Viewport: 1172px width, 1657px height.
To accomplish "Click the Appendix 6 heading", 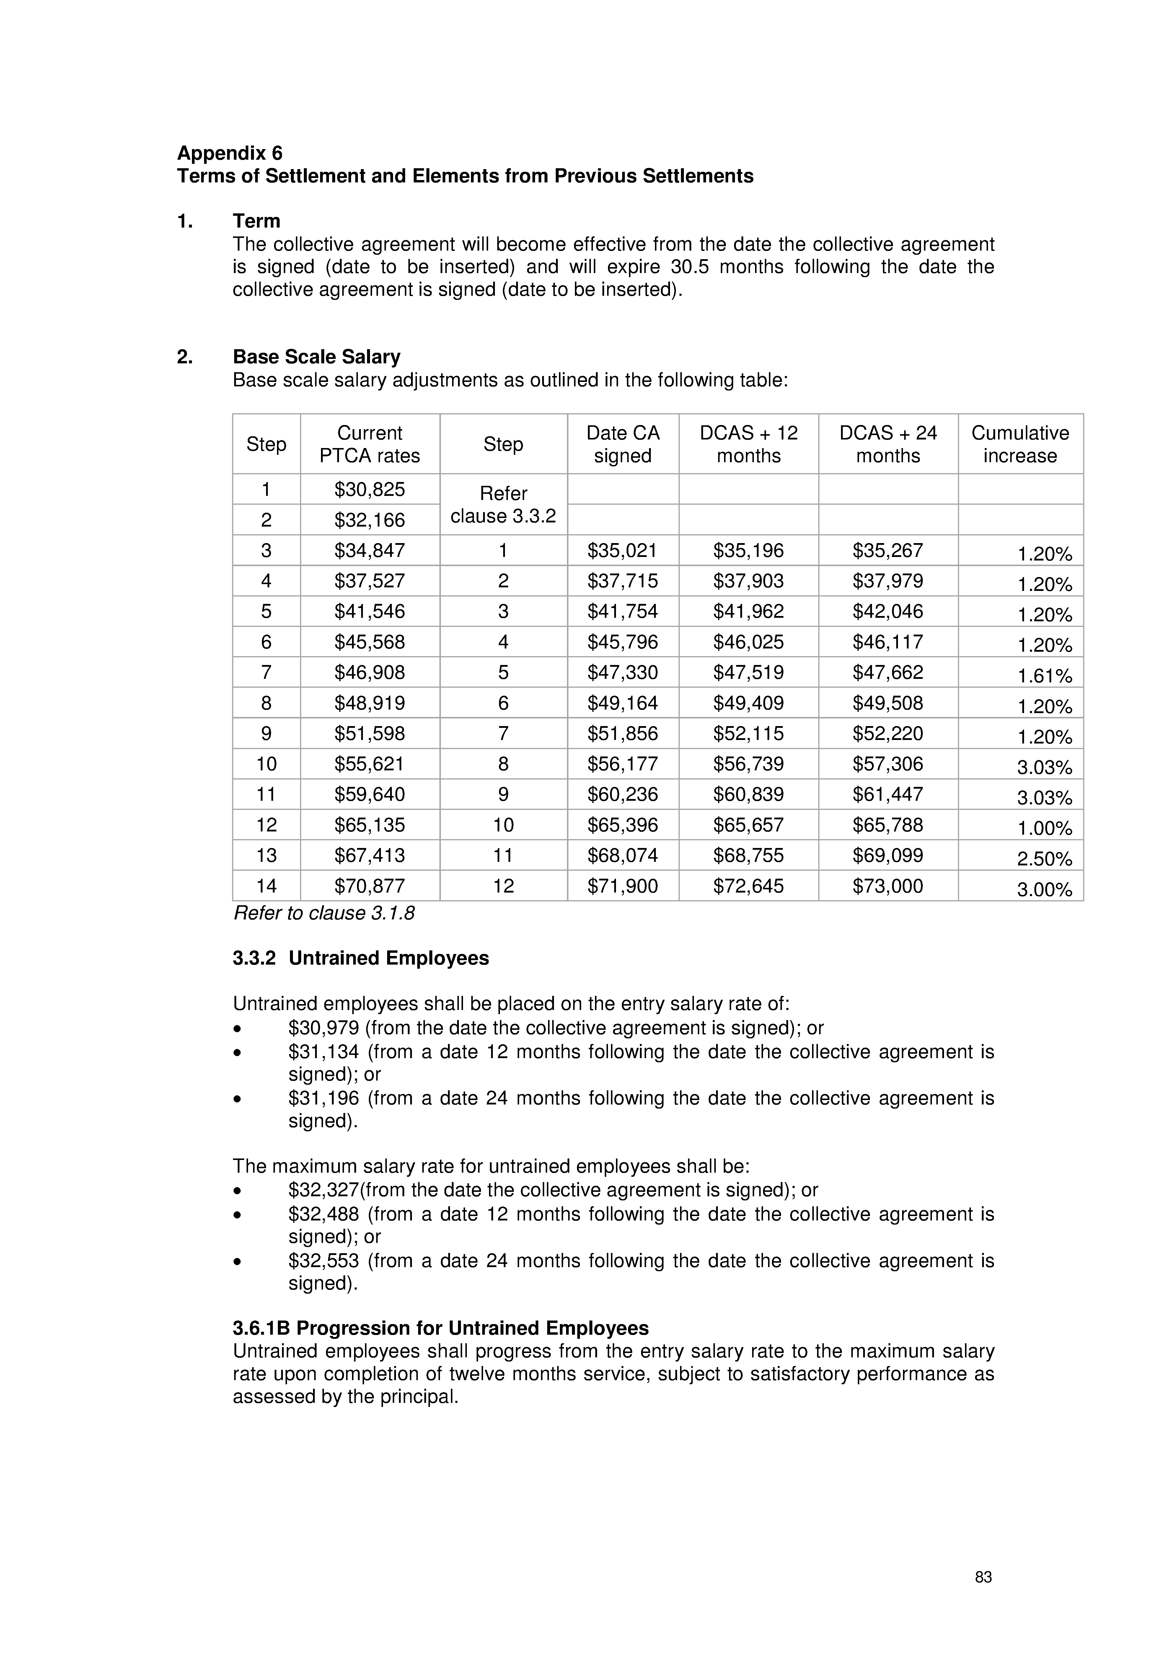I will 230,153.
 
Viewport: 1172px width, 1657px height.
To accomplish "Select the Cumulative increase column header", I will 1020,444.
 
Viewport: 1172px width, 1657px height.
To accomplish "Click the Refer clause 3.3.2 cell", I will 503,504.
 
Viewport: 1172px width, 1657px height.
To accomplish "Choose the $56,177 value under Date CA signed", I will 622,764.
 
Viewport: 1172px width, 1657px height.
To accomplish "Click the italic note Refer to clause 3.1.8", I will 324,914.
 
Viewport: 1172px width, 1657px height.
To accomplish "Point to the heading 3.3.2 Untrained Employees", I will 360,958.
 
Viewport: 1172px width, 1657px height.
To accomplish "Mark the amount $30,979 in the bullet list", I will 324,1028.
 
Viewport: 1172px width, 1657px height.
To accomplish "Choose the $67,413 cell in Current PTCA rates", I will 370,855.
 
